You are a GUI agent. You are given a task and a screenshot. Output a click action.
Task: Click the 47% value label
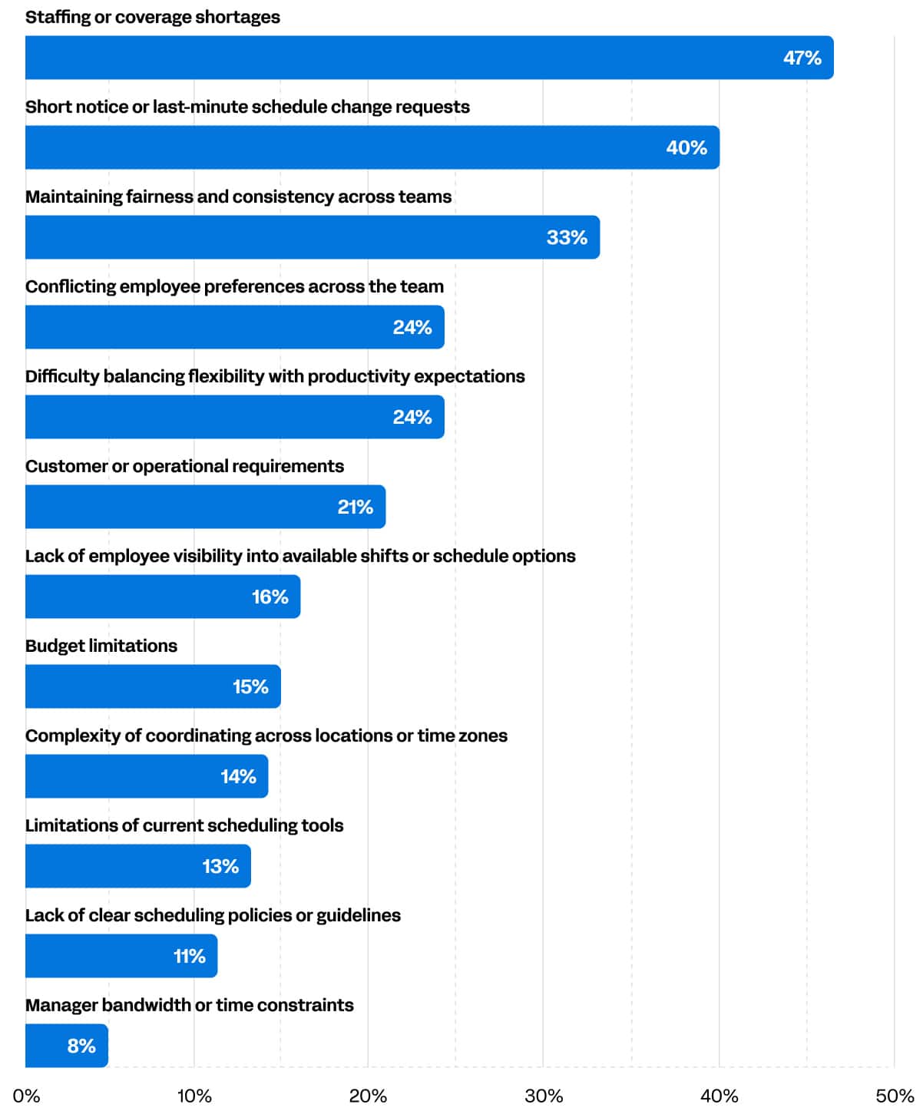802,58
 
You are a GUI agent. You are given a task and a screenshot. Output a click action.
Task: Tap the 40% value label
686,147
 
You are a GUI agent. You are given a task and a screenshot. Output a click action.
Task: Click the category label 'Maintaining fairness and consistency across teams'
238,197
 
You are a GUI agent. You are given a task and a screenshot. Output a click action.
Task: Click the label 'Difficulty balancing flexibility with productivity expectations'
275,376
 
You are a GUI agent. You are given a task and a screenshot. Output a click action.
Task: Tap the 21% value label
355,507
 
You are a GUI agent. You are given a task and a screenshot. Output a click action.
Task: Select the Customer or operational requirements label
184,466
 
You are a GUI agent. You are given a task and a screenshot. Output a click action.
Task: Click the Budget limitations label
101,646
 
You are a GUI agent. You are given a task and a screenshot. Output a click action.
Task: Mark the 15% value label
250,686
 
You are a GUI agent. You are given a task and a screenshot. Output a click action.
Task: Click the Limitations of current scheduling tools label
184,825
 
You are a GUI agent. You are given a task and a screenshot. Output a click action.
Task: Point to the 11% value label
189,956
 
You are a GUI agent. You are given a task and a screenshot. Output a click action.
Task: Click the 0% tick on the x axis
26,1096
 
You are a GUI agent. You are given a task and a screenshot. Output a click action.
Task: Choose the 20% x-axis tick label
368,1096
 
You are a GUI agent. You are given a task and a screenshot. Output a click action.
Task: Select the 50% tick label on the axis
894,1096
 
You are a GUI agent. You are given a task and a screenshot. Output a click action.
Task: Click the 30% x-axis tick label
543,1096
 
